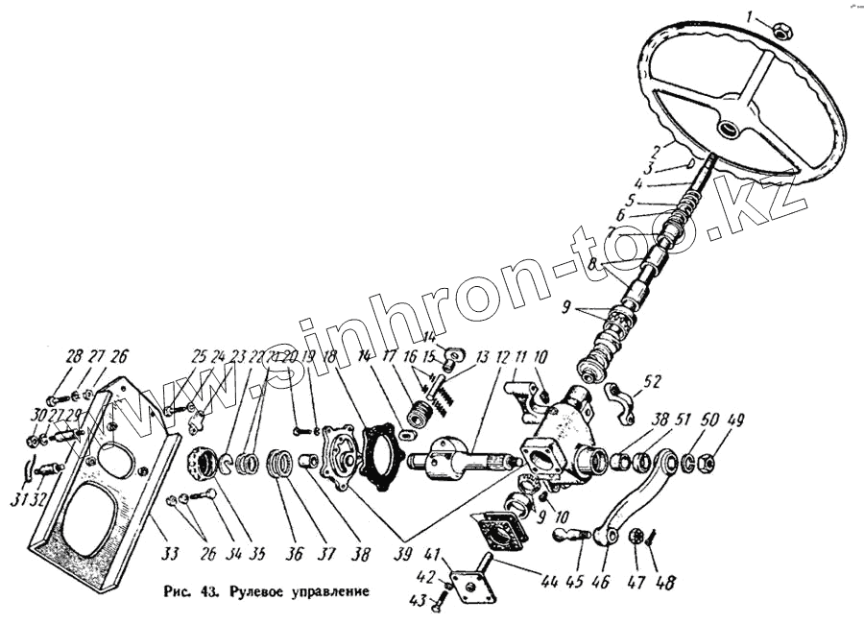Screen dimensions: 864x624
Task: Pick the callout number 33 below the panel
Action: point(170,553)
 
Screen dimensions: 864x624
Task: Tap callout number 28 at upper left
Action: point(75,357)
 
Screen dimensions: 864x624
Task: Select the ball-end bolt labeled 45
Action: point(570,534)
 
